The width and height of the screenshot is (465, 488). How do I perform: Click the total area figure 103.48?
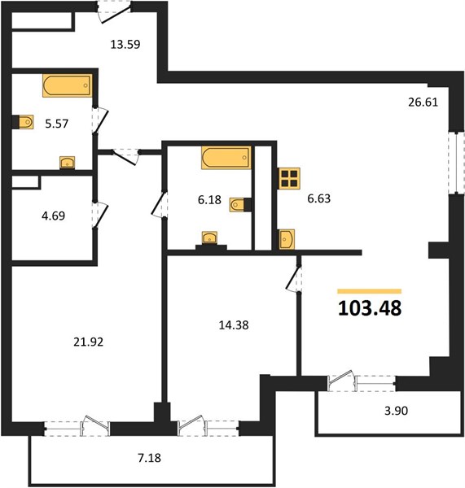coord(370,308)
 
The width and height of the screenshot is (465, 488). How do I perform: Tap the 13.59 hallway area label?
coord(125,45)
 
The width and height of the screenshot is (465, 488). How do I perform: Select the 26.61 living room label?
coord(423,102)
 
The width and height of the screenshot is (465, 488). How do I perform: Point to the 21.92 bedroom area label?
coord(88,342)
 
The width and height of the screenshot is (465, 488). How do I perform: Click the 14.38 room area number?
coord(234,325)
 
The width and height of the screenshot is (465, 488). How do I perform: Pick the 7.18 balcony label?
coord(150,458)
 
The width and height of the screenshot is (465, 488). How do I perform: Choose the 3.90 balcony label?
coord(396,411)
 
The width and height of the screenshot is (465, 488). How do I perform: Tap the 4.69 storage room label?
coord(53,216)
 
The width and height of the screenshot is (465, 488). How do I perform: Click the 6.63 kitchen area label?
coord(319,198)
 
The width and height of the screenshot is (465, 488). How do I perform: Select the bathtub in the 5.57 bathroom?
coord(68,85)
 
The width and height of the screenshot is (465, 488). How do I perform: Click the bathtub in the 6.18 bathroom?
coord(226,158)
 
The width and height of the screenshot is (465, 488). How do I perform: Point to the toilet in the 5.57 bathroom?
coord(26,122)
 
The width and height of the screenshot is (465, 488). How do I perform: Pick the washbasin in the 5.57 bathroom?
coord(68,163)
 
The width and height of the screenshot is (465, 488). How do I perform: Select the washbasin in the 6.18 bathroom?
coord(210,237)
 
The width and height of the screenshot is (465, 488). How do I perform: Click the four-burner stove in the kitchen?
coord(290,178)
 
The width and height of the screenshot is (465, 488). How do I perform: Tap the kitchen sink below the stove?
coord(287,239)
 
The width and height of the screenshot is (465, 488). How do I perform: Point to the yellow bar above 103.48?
coord(370,291)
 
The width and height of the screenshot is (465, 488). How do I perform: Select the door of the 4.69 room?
coord(99,216)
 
